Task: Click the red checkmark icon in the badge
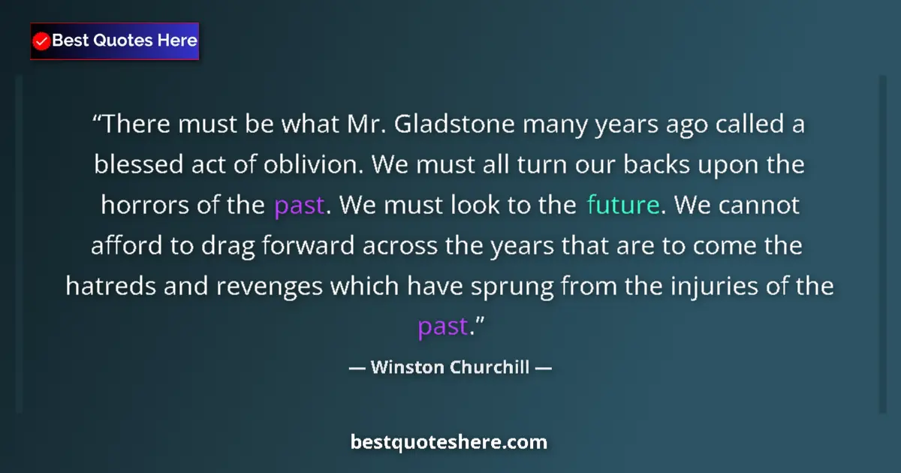pos(42,41)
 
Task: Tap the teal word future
pos(622,205)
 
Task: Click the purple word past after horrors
pos(299,205)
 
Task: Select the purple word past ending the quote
pos(442,327)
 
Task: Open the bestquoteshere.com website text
pos(449,442)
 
